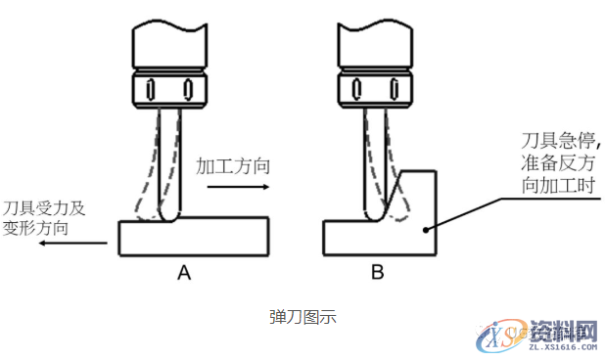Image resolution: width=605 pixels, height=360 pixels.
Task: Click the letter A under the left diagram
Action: coord(182,273)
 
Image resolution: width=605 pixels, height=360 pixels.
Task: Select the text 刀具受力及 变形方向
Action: coord(43,218)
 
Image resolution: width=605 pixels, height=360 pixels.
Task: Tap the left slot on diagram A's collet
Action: coord(150,89)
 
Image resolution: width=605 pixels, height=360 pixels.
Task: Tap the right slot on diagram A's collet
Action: coord(187,89)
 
